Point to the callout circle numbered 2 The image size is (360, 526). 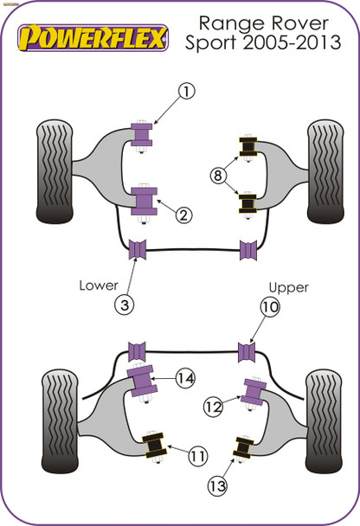(183, 214)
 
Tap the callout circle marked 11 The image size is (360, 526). (199, 452)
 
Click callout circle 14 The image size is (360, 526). (184, 376)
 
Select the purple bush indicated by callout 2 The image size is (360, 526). (144, 200)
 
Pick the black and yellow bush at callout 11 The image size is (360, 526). (157, 446)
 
